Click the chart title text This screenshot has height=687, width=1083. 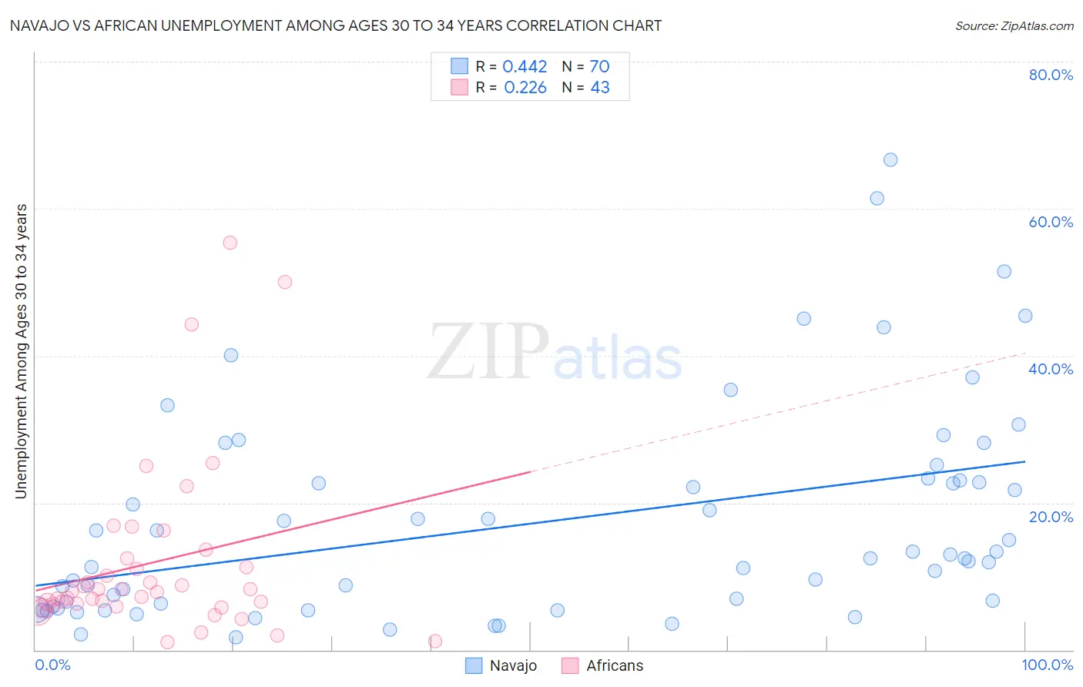click(x=335, y=25)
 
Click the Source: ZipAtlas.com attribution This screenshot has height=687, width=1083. click(x=1014, y=25)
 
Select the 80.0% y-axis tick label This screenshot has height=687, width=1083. click(x=1051, y=75)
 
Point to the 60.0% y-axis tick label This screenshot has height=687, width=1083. click(x=1051, y=222)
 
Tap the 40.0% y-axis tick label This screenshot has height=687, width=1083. click(x=1051, y=369)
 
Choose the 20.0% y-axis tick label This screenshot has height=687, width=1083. click(x=1051, y=517)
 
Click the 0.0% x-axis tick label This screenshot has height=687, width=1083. click(x=52, y=665)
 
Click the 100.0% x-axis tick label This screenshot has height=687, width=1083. click(x=1047, y=665)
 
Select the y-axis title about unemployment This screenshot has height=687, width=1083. click(x=21, y=351)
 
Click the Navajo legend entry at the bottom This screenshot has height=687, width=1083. click(x=501, y=665)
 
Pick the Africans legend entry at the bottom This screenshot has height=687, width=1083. click(x=602, y=665)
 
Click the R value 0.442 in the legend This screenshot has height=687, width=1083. click(x=525, y=67)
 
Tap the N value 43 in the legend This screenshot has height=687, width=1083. click(x=600, y=88)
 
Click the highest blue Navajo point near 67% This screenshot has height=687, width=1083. click(x=890, y=160)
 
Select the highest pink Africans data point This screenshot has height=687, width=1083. click(x=230, y=243)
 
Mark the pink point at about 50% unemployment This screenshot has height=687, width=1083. click(x=285, y=282)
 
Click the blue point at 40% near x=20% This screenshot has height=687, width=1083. click(x=231, y=355)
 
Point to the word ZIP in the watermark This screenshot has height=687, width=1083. click(x=488, y=352)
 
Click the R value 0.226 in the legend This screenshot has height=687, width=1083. click(x=525, y=88)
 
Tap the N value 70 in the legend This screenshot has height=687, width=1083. click(x=599, y=67)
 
